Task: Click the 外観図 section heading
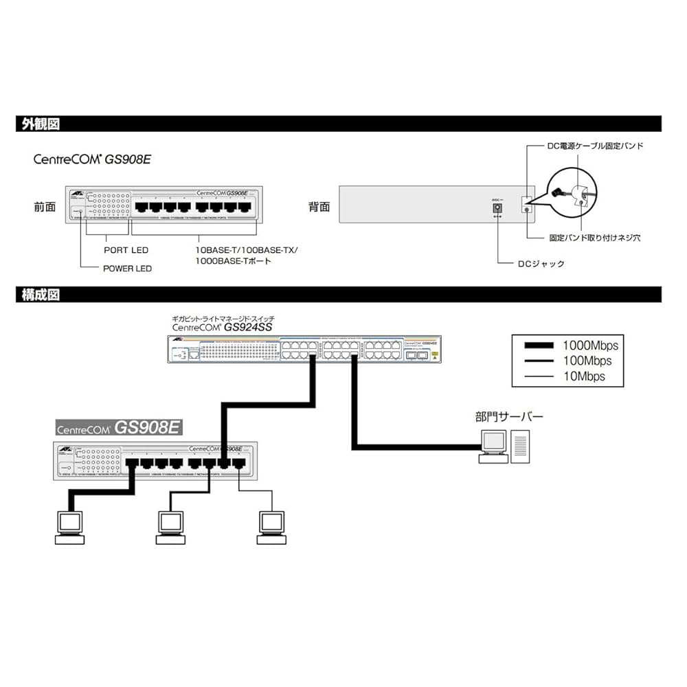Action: point(41,124)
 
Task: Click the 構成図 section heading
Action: point(41,295)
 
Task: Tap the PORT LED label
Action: point(126,250)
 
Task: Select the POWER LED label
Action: point(127,268)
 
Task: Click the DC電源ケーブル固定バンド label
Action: point(595,146)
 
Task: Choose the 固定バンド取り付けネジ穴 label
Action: point(595,238)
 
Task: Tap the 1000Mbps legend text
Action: point(590,346)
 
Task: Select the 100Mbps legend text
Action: point(587,361)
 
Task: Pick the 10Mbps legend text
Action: point(584,376)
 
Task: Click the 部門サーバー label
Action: point(508,417)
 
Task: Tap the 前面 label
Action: point(45,206)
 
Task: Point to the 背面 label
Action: point(319,206)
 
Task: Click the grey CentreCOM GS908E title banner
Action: point(118,427)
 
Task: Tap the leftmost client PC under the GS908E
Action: point(69,527)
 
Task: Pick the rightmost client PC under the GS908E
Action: point(270,527)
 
